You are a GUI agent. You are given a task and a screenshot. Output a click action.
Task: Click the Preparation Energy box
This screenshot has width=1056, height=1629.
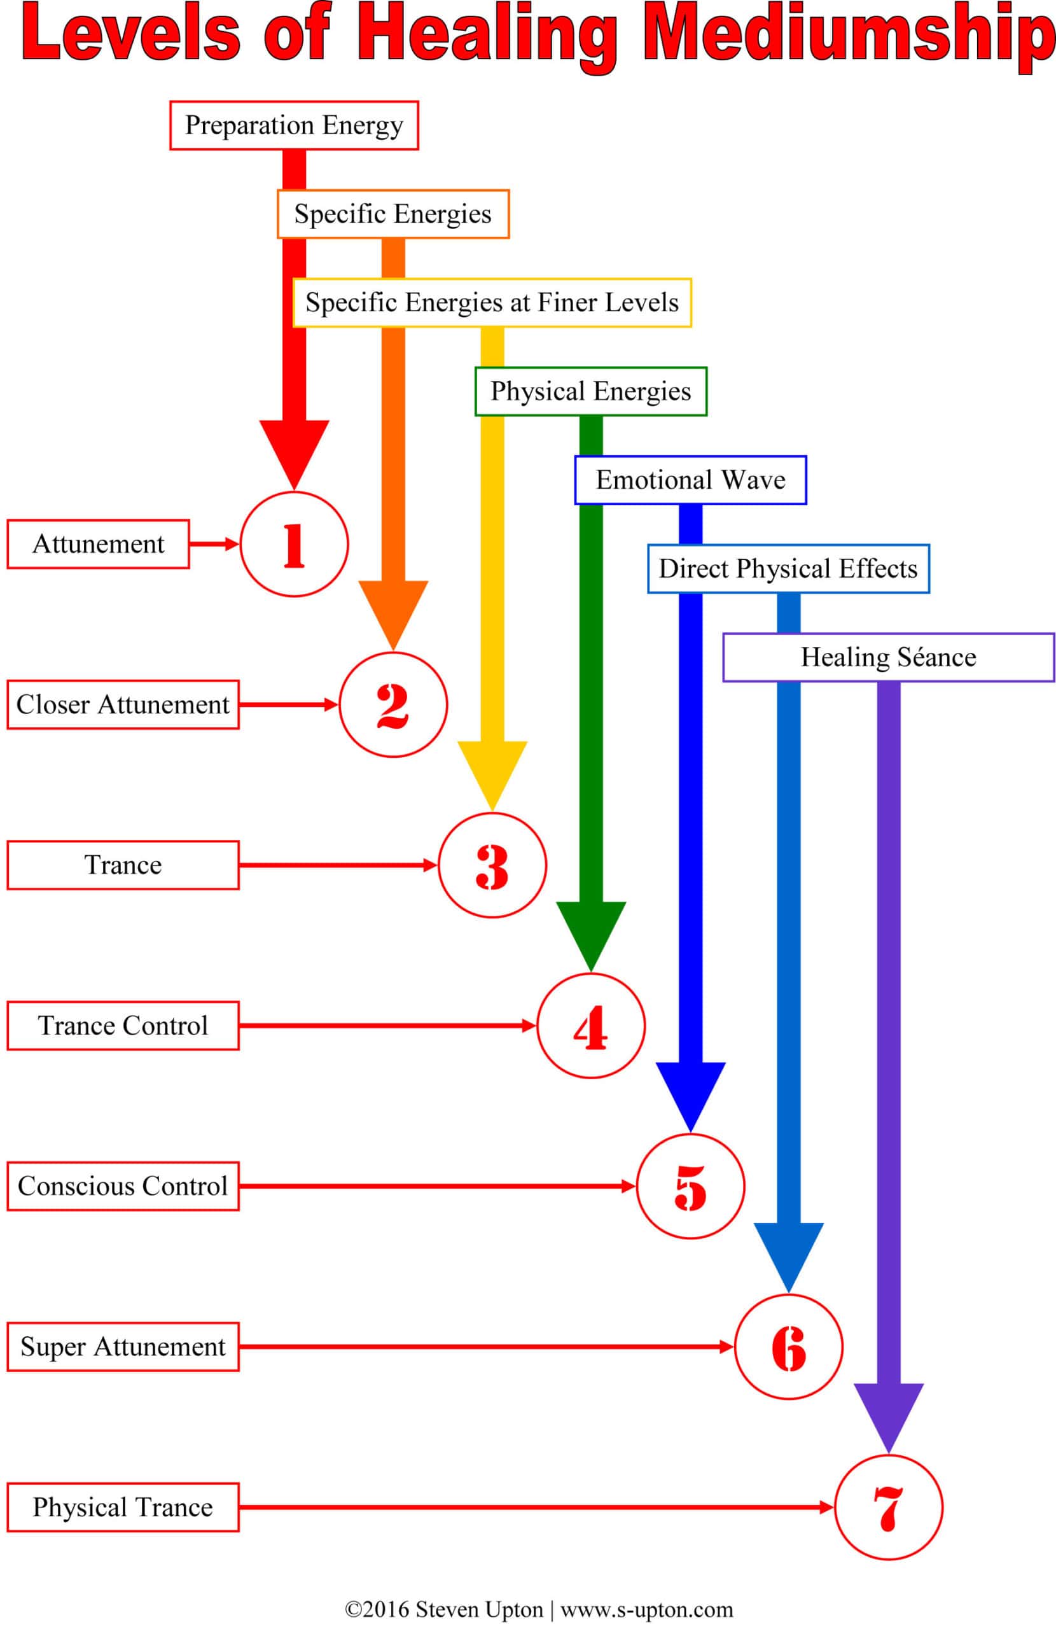pos(294,125)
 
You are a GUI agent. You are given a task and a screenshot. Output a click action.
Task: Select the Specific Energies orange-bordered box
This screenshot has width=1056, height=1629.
pos(393,214)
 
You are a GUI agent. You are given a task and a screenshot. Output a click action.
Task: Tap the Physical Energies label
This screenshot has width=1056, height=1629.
pos(590,391)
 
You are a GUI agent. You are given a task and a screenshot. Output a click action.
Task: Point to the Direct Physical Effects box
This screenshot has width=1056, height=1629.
pos(788,569)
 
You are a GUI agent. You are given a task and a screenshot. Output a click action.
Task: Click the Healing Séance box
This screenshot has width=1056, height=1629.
pos(887,657)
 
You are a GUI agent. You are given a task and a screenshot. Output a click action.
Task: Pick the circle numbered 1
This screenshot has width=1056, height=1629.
pos(295,544)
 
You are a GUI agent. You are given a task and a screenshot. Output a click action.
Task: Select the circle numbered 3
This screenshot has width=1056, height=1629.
pos(492,865)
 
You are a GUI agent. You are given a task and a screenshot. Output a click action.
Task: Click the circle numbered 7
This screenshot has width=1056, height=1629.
pos(888,1507)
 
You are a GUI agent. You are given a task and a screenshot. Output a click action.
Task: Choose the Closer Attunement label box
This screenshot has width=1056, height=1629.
pos(123,704)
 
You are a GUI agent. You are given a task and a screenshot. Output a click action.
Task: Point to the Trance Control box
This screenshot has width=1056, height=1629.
pos(123,1025)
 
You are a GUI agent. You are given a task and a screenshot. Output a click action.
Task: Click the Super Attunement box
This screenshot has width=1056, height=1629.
pos(123,1346)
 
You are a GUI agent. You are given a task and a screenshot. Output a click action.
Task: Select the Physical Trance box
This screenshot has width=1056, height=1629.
pos(123,1507)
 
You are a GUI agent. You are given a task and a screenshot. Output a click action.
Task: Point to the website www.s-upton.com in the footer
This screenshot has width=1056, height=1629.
pos(646,1609)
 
